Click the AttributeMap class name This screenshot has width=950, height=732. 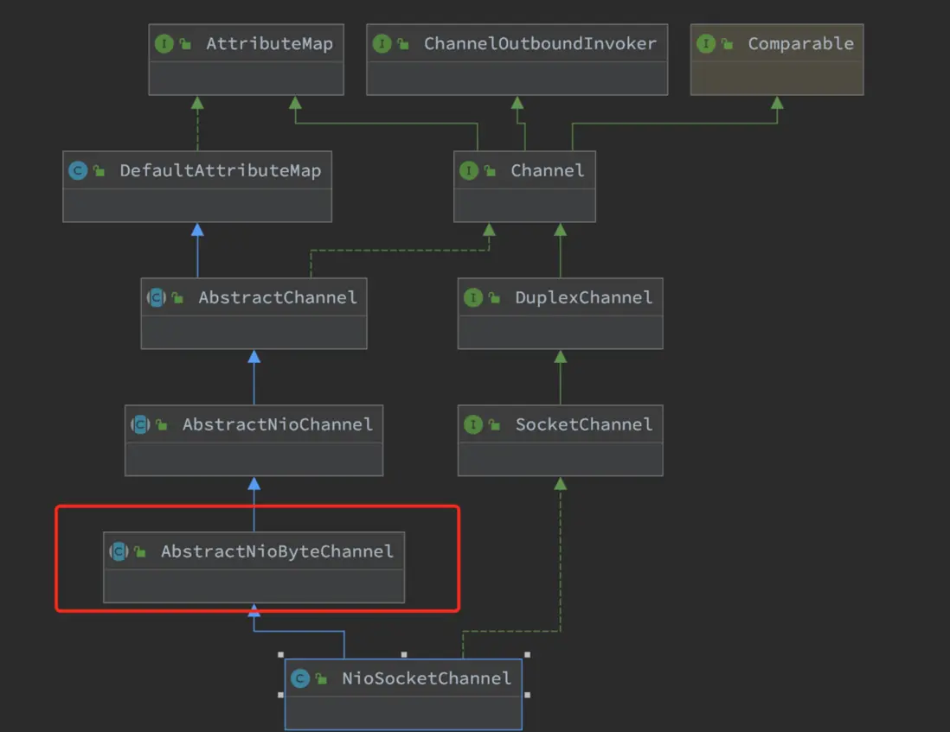(x=270, y=43)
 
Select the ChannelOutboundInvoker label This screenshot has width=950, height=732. (x=540, y=43)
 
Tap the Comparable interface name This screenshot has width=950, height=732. (x=800, y=43)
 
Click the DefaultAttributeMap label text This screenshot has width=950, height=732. (x=221, y=170)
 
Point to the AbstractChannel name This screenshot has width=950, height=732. (x=278, y=297)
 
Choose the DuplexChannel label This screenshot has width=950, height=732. (x=583, y=297)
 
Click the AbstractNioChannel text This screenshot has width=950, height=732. (x=278, y=424)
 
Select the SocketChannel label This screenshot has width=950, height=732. (x=583, y=424)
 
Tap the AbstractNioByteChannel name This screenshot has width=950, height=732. (x=277, y=551)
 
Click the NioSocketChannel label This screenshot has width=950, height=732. (x=426, y=678)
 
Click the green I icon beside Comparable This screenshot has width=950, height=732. (x=706, y=43)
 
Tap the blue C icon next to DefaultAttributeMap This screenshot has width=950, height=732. (x=78, y=170)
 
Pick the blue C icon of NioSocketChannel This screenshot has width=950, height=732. (x=300, y=678)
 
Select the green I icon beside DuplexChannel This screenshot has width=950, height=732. (x=473, y=297)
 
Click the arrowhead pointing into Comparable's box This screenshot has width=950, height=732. (x=777, y=103)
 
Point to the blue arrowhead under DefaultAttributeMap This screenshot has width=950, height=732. (x=197, y=230)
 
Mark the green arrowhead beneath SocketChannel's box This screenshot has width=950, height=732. (x=561, y=484)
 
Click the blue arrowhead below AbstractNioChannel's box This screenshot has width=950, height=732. (x=254, y=484)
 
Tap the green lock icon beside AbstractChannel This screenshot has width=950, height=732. (x=177, y=297)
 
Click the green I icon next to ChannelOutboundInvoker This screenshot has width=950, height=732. (x=382, y=43)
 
